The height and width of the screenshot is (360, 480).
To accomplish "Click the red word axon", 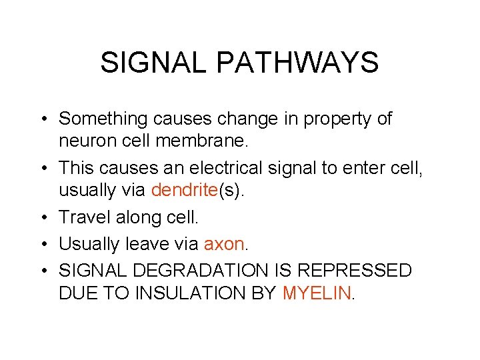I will click(x=224, y=244).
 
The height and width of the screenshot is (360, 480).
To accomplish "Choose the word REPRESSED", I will click(x=355, y=271).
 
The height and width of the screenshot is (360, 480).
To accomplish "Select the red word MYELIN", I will click(x=317, y=292).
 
